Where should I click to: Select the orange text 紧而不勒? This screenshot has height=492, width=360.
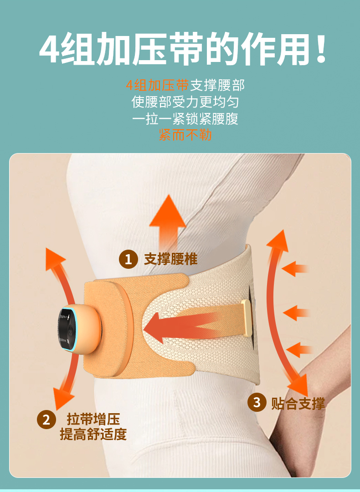[185, 135]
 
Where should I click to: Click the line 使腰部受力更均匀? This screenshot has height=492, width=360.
[185, 102]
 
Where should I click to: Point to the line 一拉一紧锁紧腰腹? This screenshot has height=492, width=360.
[185, 118]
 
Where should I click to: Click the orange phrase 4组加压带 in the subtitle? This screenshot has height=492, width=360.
[157, 85]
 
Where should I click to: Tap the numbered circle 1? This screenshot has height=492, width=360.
[129, 260]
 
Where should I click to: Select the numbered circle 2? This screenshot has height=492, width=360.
[46, 420]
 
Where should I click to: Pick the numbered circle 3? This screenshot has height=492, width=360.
[257, 402]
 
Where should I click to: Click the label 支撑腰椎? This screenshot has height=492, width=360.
[171, 259]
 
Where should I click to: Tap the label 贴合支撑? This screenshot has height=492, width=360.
[298, 403]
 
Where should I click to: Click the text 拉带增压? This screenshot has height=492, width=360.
[93, 419]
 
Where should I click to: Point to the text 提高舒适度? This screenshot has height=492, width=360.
[93, 434]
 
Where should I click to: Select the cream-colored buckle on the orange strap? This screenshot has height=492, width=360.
[247, 318]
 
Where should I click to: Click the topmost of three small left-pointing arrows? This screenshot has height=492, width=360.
[294, 269]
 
